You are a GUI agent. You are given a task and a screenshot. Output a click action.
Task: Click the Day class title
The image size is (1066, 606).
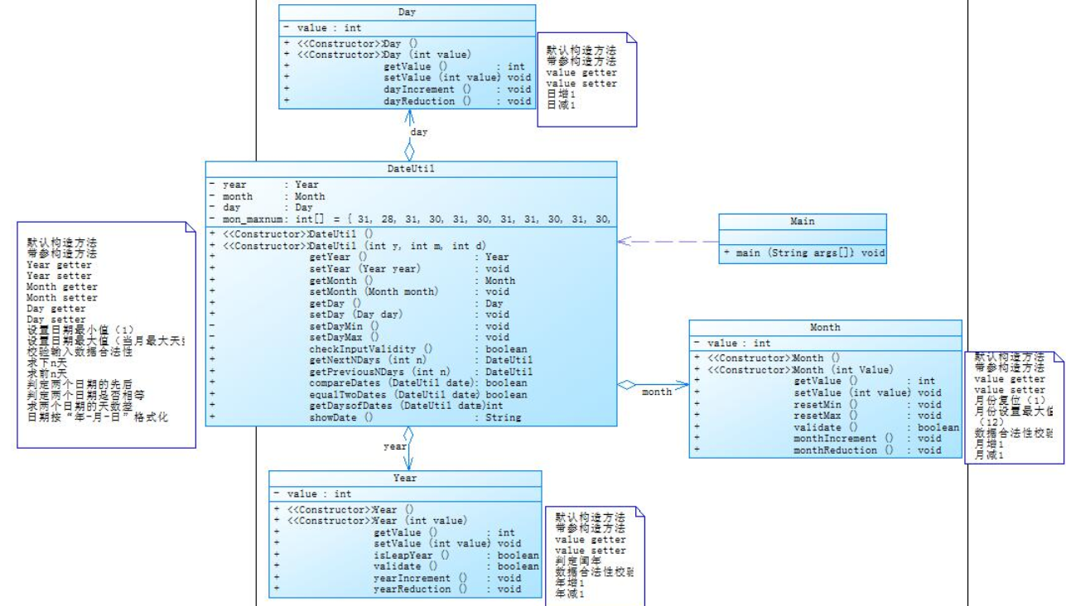tap(407, 12)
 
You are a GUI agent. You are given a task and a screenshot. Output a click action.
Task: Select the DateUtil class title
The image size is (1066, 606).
tap(411, 169)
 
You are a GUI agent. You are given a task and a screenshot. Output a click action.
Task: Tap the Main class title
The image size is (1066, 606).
tap(802, 221)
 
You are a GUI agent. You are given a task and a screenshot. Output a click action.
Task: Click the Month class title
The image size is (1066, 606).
tap(825, 328)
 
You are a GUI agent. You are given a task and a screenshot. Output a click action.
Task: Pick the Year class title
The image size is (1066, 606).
tap(405, 479)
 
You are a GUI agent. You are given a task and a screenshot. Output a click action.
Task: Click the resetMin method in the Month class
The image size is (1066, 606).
tap(817, 404)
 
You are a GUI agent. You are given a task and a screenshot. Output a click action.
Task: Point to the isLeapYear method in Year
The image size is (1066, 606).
tap(411, 555)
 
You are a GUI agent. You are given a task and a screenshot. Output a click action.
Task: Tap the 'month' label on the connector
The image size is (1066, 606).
tap(656, 392)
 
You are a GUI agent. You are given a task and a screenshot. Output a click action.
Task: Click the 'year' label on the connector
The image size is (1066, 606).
tap(394, 446)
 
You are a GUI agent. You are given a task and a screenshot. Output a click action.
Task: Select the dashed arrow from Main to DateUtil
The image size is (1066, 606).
tap(668, 242)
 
